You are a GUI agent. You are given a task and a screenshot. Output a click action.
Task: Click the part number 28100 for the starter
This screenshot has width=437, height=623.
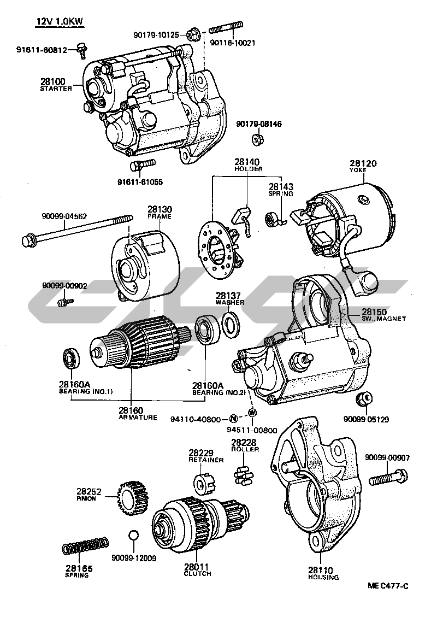point(52,81)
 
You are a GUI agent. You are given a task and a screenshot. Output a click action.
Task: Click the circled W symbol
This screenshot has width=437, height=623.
point(252,412)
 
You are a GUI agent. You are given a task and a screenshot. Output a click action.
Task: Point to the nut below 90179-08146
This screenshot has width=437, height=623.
point(258,140)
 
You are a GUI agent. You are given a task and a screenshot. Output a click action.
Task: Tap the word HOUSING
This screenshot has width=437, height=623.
point(323,577)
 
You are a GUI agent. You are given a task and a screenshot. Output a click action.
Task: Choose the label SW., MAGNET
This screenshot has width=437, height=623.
point(383,319)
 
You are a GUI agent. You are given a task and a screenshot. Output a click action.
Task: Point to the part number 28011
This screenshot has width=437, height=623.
point(197,567)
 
